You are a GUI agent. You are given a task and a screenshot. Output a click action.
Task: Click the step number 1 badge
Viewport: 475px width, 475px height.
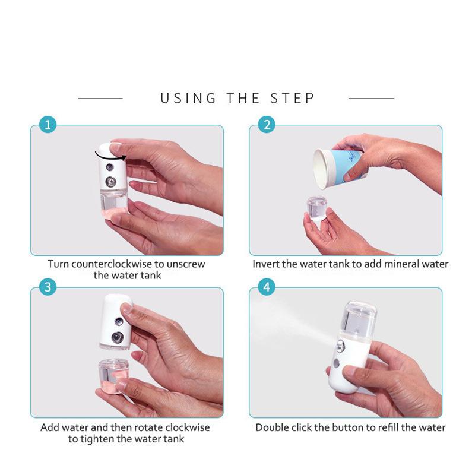click(x=48, y=125)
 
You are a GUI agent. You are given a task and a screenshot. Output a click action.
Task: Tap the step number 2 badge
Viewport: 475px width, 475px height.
click(x=267, y=125)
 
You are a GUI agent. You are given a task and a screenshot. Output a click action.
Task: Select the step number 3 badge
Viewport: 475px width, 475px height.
click(x=48, y=287)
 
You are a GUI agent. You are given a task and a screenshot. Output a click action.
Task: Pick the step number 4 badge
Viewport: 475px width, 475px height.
click(x=267, y=287)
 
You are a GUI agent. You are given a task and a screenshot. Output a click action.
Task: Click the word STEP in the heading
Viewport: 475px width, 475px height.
click(x=292, y=99)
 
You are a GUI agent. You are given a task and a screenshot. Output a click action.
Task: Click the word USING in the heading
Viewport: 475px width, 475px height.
click(x=188, y=99)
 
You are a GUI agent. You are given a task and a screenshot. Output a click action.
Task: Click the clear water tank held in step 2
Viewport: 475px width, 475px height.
click(x=316, y=209)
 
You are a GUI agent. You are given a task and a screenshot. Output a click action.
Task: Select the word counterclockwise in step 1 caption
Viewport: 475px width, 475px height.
click(x=112, y=264)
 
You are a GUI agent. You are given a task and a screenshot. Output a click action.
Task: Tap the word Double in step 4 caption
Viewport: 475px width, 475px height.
click(x=271, y=427)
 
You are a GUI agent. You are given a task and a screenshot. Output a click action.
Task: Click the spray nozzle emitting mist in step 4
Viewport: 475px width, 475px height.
click(x=340, y=346)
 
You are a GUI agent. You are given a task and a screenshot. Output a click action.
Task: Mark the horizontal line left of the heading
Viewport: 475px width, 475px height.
click(x=100, y=99)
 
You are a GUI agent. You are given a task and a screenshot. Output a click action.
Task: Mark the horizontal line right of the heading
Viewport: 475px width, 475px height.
click(x=372, y=99)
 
